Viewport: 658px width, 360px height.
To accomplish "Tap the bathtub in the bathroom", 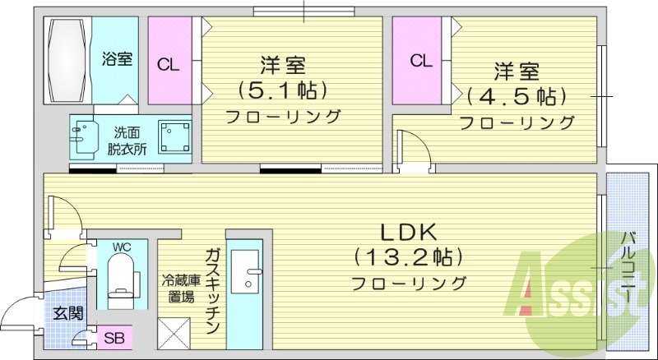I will click(x=68, y=59).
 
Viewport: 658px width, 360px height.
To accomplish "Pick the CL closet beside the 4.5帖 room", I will click(x=420, y=60).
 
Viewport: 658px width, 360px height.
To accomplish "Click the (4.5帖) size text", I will click(x=517, y=95).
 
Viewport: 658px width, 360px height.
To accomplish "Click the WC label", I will click(x=122, y=245).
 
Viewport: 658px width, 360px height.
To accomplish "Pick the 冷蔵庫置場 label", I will click(x=177, y=287).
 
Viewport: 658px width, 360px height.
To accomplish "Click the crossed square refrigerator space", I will click(x=177, y=335).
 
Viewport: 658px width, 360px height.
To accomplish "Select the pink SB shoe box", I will click(x=112, y=338).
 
